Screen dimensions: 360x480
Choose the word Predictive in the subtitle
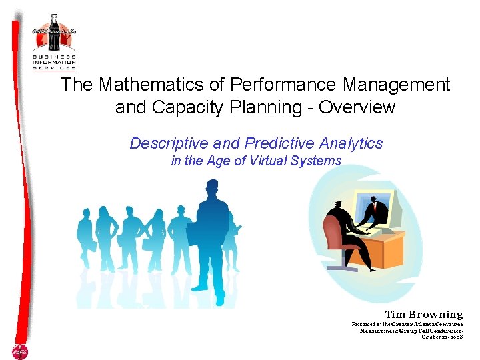(x=278, y=143)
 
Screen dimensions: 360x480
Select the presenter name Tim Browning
(x=423, y=314)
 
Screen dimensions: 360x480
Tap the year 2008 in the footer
(x=455, y=337)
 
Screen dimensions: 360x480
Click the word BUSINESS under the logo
(x=55, y=57)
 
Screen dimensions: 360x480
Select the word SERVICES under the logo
(x=55, y=68)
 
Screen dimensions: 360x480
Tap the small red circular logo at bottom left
(x=19, y=351)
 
